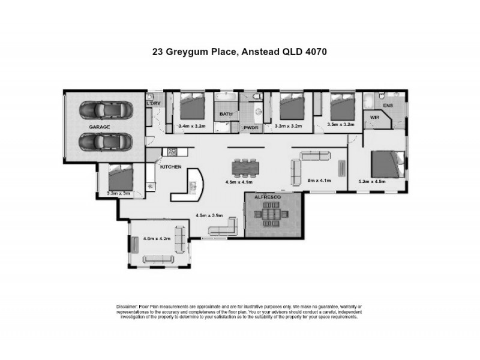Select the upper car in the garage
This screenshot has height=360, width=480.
tap(106, 111)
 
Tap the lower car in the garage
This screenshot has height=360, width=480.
tap(106, 143)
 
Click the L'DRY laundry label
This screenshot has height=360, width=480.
tap(154, 104)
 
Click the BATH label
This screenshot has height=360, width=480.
tap(226, 113)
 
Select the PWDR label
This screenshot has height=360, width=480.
tap(250, 128)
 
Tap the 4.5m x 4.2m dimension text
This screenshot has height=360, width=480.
tap(157, 238)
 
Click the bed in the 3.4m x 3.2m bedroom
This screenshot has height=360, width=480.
tap(193, 106)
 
